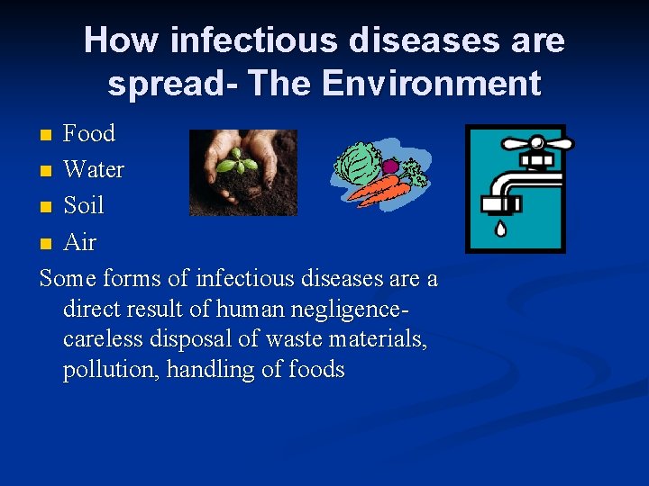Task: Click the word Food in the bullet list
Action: (89, 133)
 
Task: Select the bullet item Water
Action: (94, 169)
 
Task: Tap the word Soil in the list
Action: (84, 205)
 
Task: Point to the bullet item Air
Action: (80, 242)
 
